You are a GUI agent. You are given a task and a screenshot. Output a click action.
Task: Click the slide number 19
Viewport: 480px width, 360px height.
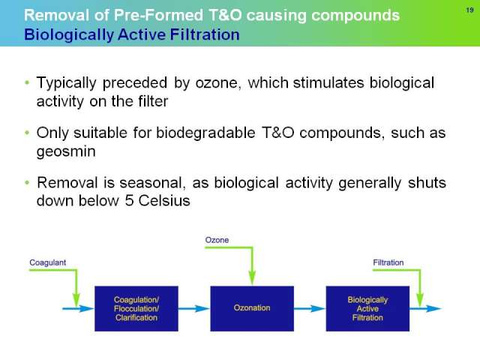[470, 10]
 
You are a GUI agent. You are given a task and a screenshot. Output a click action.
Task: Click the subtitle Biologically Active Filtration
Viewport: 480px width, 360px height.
[132, 34]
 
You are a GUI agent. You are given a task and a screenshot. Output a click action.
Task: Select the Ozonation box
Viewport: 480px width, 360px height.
[252, 308]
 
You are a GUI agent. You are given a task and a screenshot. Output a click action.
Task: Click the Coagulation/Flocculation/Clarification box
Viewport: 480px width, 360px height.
[136, 308]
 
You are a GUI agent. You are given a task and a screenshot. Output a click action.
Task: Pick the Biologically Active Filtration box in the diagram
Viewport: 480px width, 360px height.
[367, 308]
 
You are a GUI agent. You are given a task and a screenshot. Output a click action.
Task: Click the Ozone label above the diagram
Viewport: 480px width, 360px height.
[217, 240]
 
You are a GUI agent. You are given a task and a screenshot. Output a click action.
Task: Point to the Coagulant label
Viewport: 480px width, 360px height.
[47, 262]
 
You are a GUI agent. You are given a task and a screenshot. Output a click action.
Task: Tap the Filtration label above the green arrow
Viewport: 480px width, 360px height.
[388, 262]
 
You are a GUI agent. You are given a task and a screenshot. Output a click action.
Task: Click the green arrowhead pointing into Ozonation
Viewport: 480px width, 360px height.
[252, 278]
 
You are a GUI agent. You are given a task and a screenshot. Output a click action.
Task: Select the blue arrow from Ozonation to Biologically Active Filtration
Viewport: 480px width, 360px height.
[310, 308]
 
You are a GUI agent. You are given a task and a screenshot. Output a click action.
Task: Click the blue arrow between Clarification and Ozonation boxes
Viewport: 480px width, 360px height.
[193, 308]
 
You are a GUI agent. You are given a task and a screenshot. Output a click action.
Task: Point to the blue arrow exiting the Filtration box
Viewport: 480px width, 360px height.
[425, 308]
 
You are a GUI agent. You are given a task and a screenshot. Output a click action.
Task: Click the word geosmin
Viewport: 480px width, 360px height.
[66, 151]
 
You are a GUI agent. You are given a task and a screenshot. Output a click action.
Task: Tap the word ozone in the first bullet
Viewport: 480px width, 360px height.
[217, 83]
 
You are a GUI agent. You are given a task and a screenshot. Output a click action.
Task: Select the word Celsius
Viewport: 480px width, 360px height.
[164, 201]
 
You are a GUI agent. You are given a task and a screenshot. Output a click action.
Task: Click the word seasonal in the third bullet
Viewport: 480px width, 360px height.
[152, 183]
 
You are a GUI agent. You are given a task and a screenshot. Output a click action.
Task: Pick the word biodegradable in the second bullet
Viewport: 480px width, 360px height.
[205, 133]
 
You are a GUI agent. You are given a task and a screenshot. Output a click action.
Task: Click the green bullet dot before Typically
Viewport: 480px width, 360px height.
[27, 82]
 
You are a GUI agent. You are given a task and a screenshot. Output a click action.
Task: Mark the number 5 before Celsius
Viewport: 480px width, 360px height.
[129, 201]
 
